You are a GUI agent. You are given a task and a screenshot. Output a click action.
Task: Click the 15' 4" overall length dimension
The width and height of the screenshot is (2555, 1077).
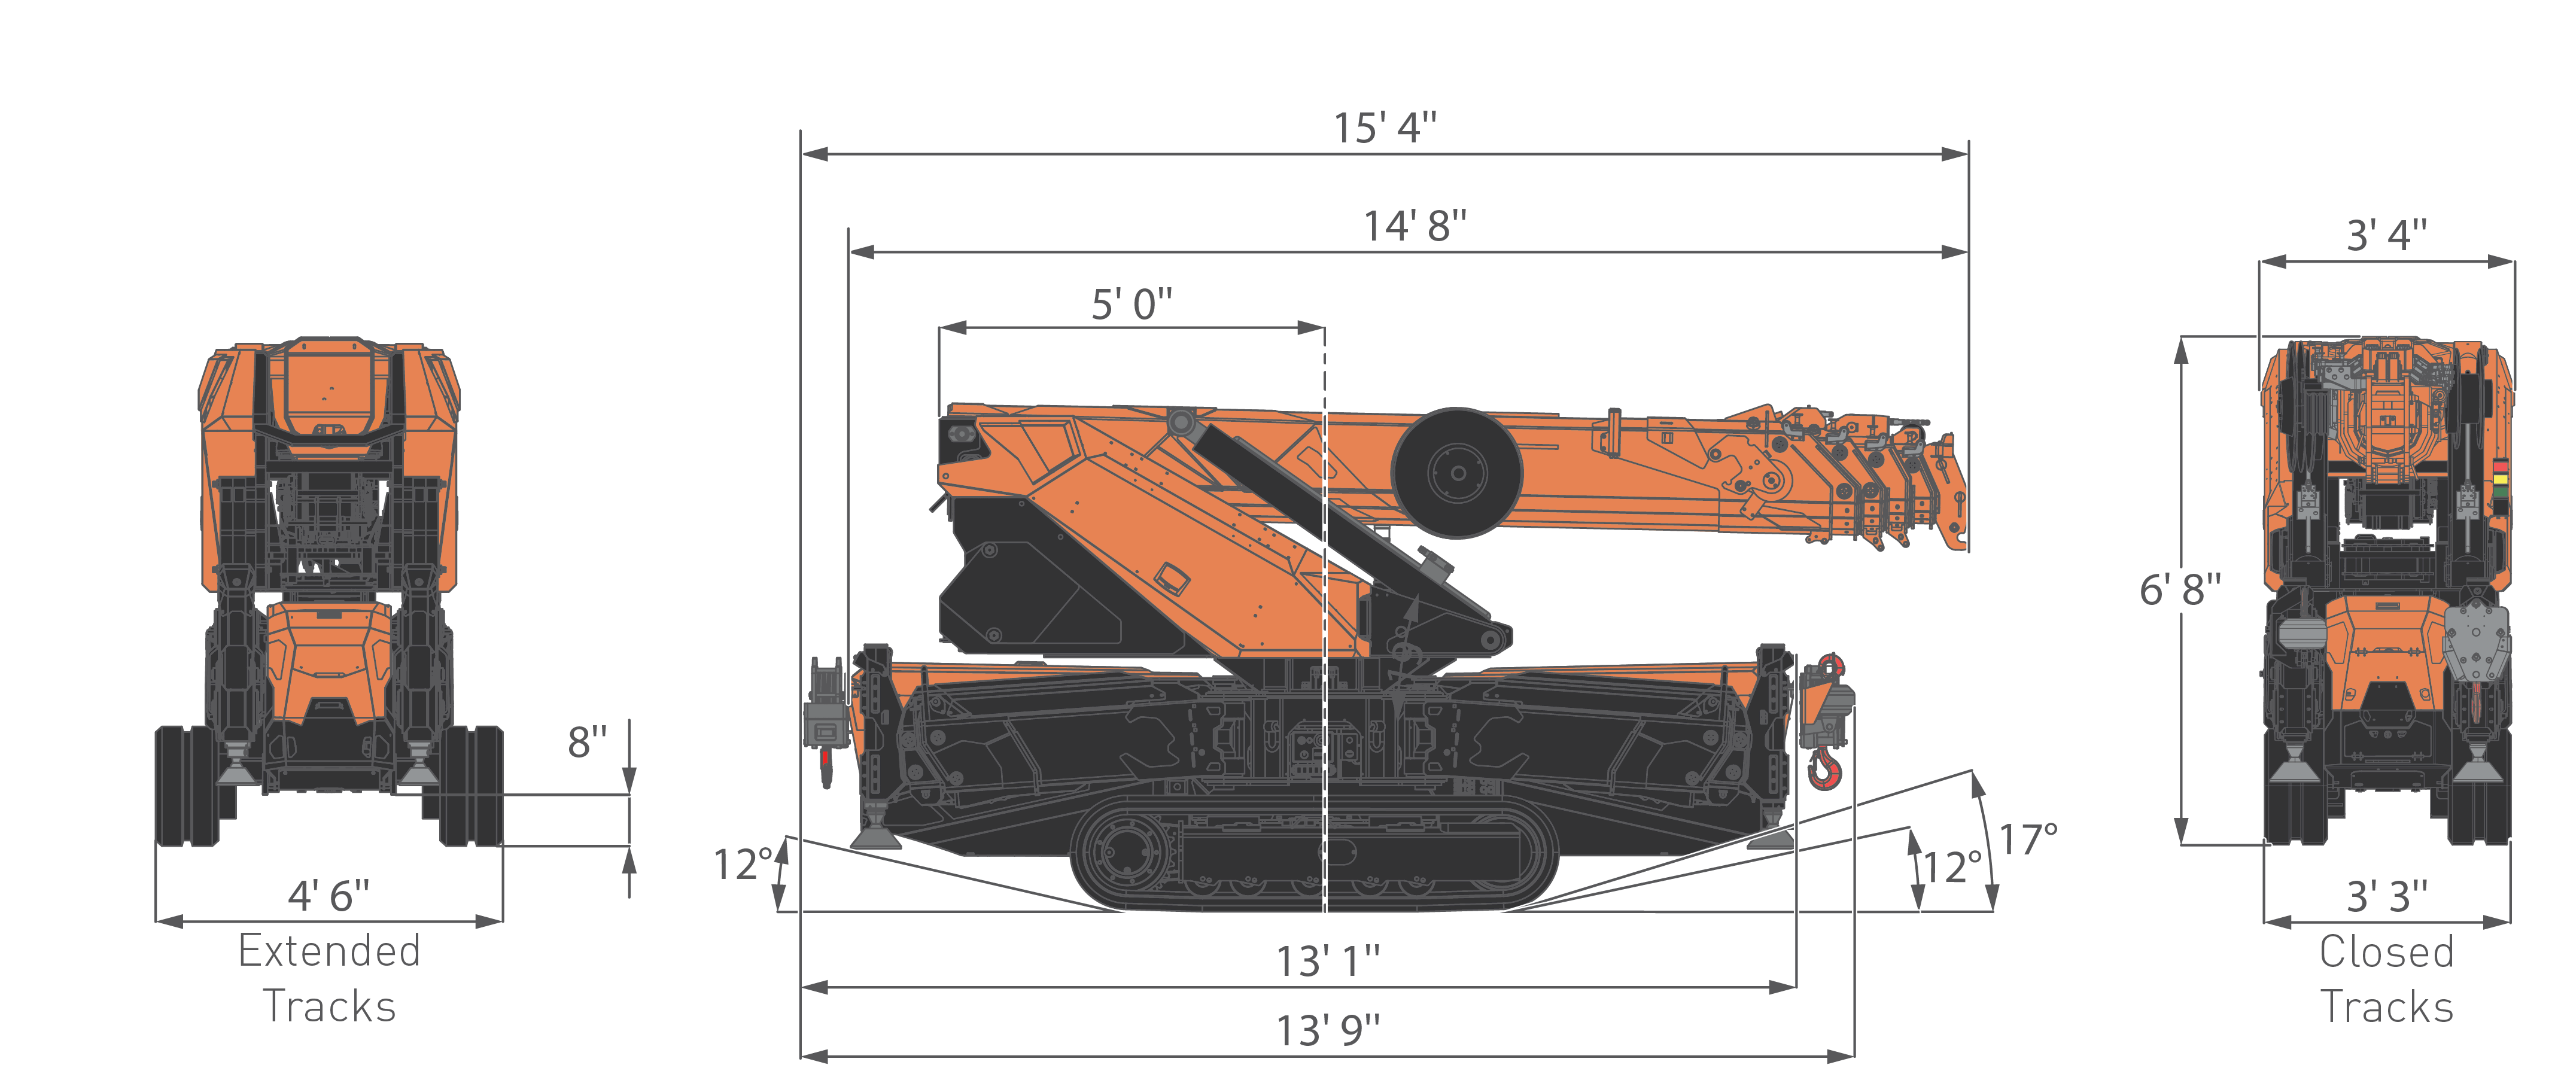[x=1385, y=129]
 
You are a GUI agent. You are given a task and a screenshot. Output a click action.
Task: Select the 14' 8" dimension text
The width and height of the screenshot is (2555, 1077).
[x=1415, y=227]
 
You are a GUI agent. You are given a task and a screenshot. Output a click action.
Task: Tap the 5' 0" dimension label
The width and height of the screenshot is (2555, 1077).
[x=1131, y=305]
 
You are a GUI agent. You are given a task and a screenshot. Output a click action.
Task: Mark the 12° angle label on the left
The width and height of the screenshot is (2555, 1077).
[x=742, y=865]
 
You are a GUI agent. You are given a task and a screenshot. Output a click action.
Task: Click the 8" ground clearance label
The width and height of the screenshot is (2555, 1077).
[x=587, y=743]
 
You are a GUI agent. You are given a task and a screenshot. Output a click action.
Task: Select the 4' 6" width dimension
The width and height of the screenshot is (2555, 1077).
[x=328, y=896]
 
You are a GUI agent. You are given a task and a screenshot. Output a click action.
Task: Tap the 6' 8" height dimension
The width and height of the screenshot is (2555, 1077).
[x=2179, y=590]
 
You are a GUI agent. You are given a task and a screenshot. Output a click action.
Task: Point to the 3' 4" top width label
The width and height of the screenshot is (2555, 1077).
[x=2386, y=236]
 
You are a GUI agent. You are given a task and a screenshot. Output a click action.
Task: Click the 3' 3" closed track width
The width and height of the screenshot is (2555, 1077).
[x=2386, y=896]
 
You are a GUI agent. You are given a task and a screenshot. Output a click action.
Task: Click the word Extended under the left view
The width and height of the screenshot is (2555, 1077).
[x=329, y=952]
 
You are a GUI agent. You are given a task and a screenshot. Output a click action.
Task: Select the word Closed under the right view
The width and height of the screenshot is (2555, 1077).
[x=2386, y=952]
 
